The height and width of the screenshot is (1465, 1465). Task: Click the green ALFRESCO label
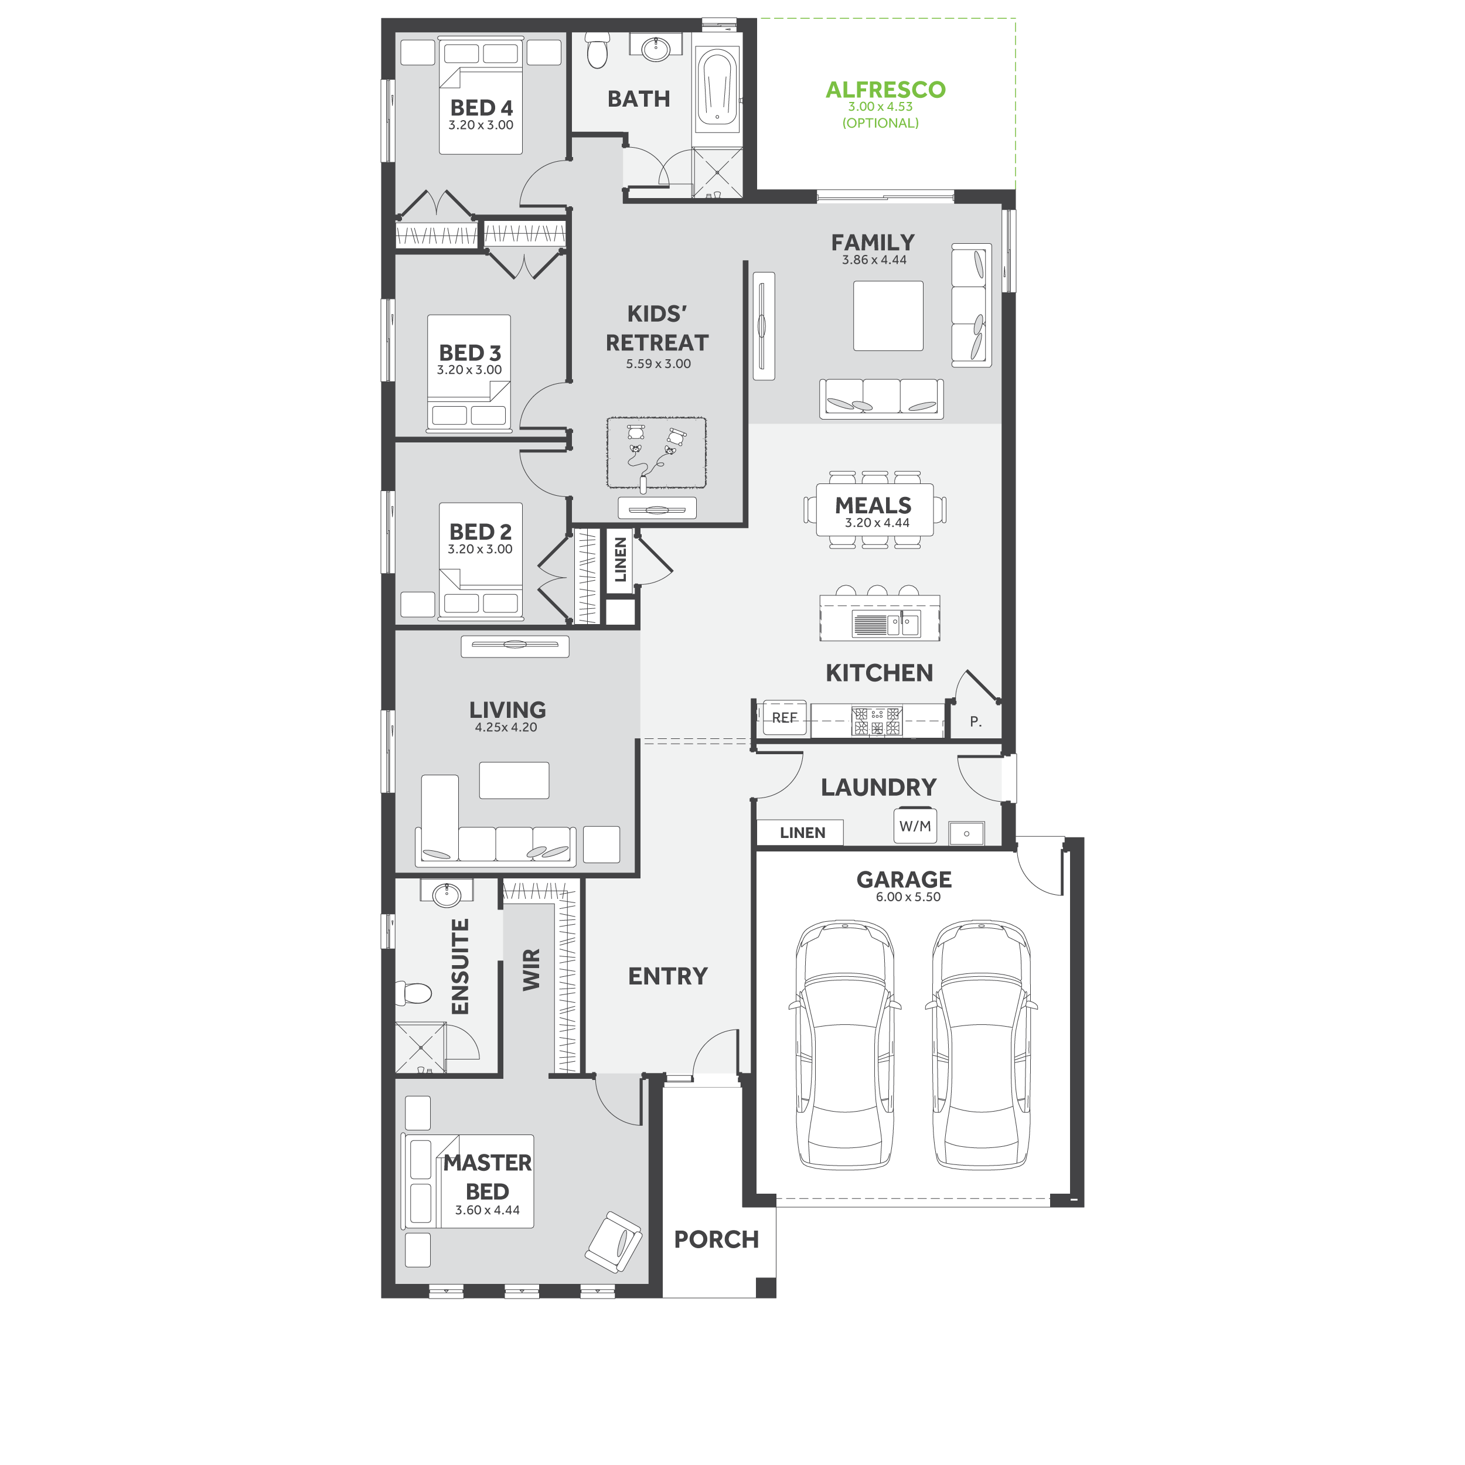click(x=885, y=90)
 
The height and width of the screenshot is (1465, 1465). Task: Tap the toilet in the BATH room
click(x=598, y=49)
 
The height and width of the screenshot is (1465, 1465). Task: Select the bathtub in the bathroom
click(x=716, y=87)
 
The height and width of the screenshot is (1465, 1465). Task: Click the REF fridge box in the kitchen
click(x=784, y=717)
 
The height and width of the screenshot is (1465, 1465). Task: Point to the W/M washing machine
click(x=915, y=826)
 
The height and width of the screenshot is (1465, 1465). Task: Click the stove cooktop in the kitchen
click(x=877, y=721)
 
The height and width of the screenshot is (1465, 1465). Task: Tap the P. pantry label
click(x=976, y=722)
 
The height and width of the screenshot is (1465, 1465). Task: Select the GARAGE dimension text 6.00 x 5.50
click(x=908, y=897)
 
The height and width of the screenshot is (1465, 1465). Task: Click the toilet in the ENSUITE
click(x=413, y=993)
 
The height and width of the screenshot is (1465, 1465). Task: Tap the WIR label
click(x=532, y=969)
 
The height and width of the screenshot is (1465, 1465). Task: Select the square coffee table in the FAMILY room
click(x=888, y=316)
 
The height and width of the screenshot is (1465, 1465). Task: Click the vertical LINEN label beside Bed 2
click(x=620, y=560)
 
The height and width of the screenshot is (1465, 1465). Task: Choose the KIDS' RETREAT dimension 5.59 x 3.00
click(x=658, y=364)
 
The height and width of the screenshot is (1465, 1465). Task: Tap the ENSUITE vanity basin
click(x=447, y=894)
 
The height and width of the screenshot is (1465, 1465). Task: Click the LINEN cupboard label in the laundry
click(x=802, y=833)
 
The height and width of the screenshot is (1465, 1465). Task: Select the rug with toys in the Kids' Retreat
click(x=657, y=453)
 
